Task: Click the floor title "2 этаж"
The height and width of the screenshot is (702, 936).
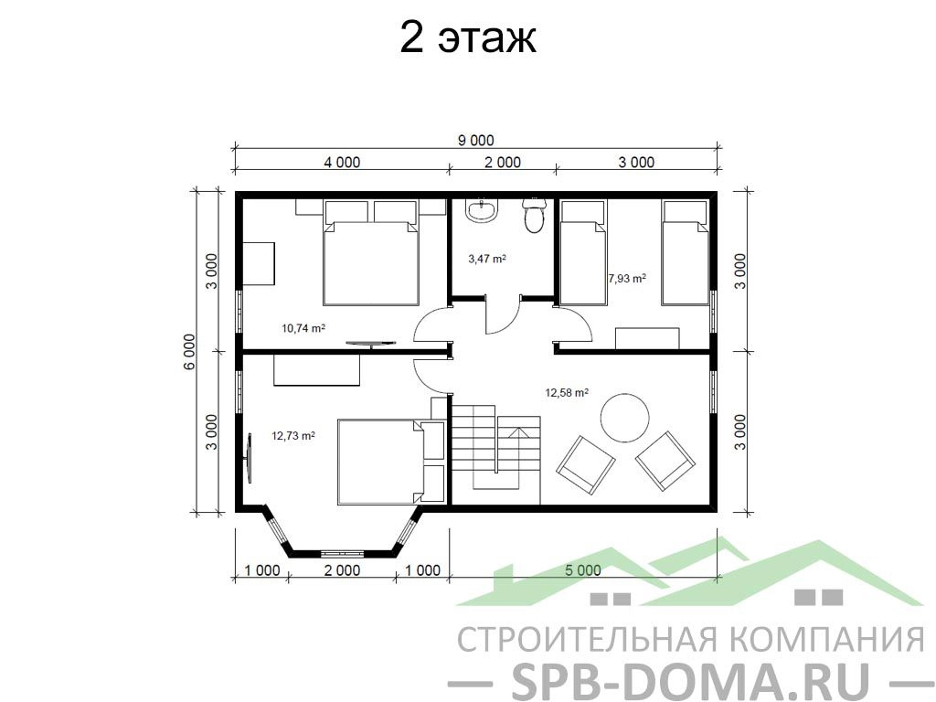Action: click(x=467, y=37)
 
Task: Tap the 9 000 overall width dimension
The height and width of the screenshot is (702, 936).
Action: click(x=475, y=140)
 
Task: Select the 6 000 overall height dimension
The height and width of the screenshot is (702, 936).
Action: click(x=189, y=352)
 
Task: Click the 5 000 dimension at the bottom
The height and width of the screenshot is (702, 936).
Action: click(x=582, y=570)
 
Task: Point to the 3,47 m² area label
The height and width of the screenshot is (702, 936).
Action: click(x=487, y=259)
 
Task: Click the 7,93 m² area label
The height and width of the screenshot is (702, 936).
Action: click(x=627, y=278)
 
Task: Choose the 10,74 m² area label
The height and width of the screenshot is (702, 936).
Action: click(x=303, y=327)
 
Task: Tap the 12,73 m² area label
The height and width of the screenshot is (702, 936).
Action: click(x=293, y=436)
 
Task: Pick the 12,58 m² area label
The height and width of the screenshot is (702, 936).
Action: click(x=567, y=392)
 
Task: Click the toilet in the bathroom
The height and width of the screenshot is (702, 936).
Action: click(x=533, y=216)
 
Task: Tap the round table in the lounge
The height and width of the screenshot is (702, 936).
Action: click(x=624, y=417)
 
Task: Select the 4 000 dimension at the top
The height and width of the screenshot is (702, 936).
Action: click(x=342, y=162)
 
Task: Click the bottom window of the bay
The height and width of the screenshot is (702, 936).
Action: click(x=343, y=553)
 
